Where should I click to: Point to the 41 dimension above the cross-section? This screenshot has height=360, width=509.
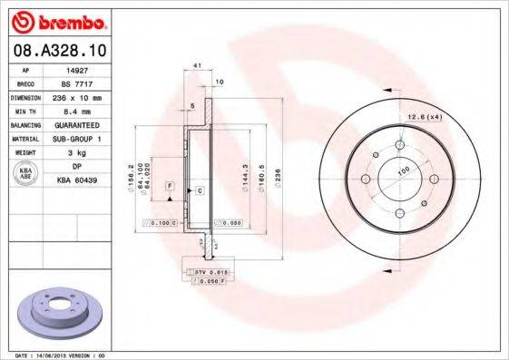(x=197, y=67)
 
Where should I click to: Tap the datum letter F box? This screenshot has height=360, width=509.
(x=170, y=186)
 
